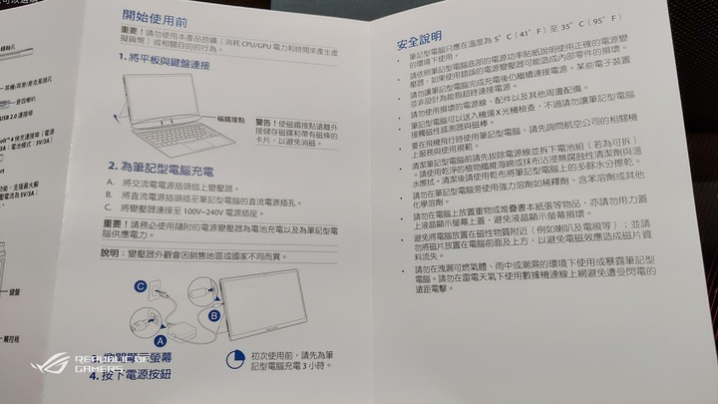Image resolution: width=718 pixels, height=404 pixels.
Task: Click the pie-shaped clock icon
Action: [x=234, y=357]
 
